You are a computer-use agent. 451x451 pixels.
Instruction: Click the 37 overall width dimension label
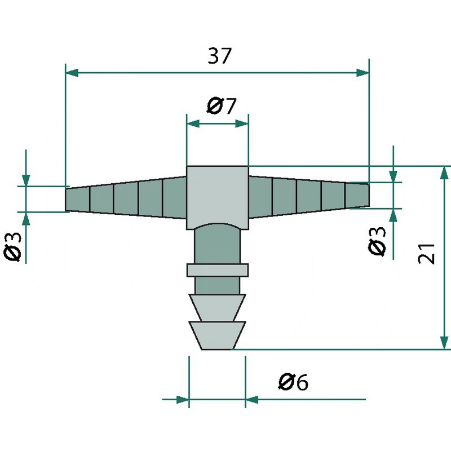point(219,56)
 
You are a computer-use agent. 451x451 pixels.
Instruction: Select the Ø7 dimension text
point(222,105)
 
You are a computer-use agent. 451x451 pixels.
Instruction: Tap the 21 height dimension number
point(426,253)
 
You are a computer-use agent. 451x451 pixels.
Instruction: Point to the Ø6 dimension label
point(293,382)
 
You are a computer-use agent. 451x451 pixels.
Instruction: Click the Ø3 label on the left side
point(12,247)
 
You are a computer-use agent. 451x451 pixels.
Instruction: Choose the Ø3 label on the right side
point(377,241)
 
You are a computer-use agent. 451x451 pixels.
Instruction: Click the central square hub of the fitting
point(218,197)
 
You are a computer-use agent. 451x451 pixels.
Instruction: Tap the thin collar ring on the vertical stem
point(218,270)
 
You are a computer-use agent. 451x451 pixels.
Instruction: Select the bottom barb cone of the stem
point(218,335)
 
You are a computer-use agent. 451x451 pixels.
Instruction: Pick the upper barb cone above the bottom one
point(218,307)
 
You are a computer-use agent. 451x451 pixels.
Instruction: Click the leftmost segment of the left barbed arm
point(78,200)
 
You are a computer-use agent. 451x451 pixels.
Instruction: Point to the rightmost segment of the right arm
point(357,195)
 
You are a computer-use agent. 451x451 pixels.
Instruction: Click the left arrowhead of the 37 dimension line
point(72,73)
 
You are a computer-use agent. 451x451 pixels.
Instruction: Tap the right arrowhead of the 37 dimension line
point(362,73)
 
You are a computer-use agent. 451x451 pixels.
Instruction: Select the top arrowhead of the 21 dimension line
point(444,173)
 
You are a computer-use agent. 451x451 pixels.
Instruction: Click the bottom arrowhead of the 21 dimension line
point(444,343)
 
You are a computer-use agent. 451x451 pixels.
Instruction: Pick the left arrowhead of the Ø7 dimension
point(193,123)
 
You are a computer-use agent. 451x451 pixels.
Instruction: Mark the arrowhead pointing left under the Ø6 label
point(252,400)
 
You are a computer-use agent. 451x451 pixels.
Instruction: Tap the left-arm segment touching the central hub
point(175,197)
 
